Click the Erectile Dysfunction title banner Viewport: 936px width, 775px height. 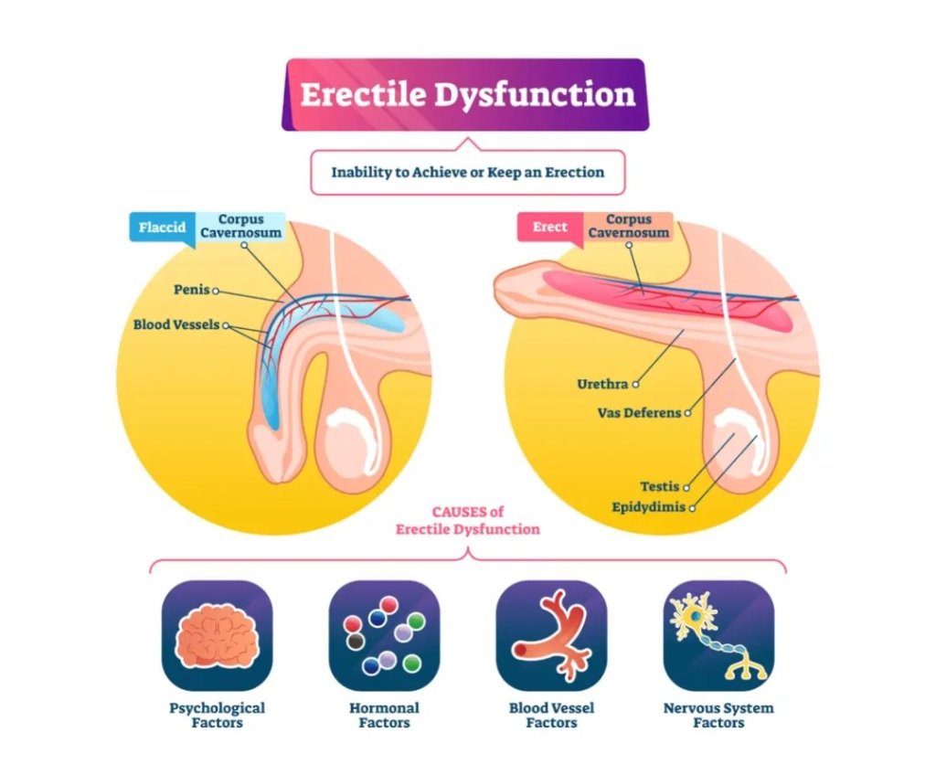coord(467,95)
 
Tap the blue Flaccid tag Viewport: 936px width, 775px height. coord(162,226)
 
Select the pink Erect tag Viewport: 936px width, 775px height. coord(549,227)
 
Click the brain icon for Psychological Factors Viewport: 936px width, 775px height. coord(217,635)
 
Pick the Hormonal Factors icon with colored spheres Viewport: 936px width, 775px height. coord(384,635)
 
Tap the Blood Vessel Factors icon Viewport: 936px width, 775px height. coord(551,635)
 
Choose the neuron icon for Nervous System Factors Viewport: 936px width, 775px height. coord(718,635)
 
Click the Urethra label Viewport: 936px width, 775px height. coord(601,384)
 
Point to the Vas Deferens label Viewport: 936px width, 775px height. coord(639,413)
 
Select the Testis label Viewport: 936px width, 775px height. coord(659,487)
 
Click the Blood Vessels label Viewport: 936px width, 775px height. coord(176,324)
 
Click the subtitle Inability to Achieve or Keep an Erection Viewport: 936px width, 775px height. coord(467,172)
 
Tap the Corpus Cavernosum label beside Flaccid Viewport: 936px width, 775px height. coord(242,226)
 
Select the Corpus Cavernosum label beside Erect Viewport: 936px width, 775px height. coord(629,226)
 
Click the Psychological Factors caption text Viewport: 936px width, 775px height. coord(217,716)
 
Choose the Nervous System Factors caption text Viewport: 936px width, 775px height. coord(718,716)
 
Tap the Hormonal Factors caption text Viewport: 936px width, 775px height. coord(384,716)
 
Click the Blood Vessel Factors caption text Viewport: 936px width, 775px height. coord(551,716)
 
